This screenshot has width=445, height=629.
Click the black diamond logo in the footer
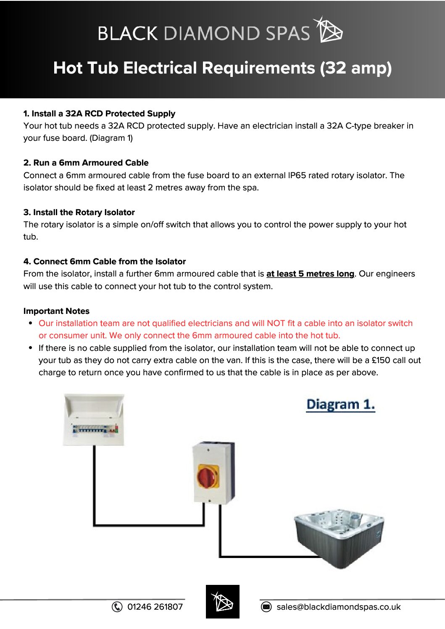tap(222, 602)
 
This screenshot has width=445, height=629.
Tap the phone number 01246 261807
tap(155, 607)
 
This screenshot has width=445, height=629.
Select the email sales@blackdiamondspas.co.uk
tap(338, 607)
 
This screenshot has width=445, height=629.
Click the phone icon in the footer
tap(117, 607)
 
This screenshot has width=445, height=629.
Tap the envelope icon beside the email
tap(266, 607)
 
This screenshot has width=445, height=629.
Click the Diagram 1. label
tap(340, 404)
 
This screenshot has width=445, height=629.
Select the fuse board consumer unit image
tap(94, 419)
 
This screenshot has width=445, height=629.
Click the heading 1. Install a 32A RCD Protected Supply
tap(99, 113)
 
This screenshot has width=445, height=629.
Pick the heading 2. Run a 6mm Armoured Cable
tap(86, 163)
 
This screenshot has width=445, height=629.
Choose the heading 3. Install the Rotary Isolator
tap(79, 212)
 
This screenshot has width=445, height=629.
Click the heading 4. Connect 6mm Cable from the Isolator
tap(104, 261)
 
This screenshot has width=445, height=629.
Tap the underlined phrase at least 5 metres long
tap(310, 274)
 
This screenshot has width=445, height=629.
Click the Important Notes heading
tap(56, 311)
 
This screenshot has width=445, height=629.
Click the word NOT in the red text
tap(276, 323)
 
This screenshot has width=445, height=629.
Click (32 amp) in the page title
tap(355, 68)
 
